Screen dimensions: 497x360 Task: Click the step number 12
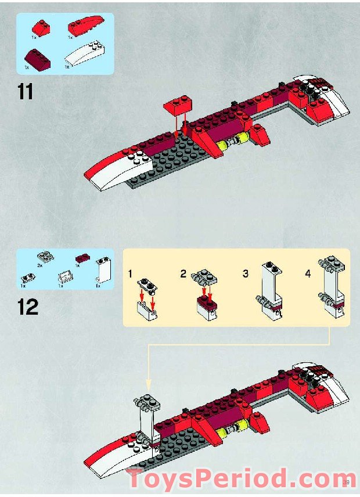tap(27, 307)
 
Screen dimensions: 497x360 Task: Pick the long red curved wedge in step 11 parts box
tap(85, 26)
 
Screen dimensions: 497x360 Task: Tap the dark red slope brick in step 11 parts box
tap(35, 56)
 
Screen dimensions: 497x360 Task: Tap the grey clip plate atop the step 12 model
tap(145, 403)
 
